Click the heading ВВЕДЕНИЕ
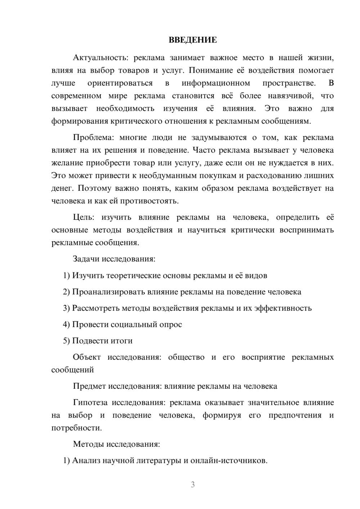click(x=193, y=40)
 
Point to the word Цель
click(x=83, y=217)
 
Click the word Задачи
click(x=86, y=259)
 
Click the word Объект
click(x=87, y=357)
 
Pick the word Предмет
click(x=89, y=386)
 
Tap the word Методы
click(x=88, y=444)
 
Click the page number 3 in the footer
click(x=193, y=485)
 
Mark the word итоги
click(x=121, y=341)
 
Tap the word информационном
click(x=216, y=83)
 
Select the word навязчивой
click(x=290, y=96)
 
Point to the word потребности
click(x=76, y=428)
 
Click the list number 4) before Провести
click(x=66, y=324)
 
